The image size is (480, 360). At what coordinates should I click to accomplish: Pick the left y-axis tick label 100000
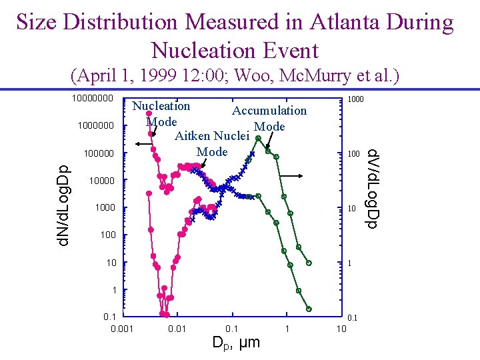[99, 154]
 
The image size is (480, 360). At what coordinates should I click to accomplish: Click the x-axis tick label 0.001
[121, 329]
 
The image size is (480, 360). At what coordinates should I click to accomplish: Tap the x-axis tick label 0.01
[176, 329]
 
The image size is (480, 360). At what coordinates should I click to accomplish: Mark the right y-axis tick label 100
[353, 155]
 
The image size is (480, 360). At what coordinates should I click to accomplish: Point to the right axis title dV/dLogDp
[373, 188]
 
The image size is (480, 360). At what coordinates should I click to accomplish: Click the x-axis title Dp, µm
[235, 343]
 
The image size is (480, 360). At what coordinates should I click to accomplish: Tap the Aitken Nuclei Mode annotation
[212, 143]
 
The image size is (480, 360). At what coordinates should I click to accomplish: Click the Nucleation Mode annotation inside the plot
[161, 113]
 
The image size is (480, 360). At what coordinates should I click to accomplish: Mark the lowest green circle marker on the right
[309, 309]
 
